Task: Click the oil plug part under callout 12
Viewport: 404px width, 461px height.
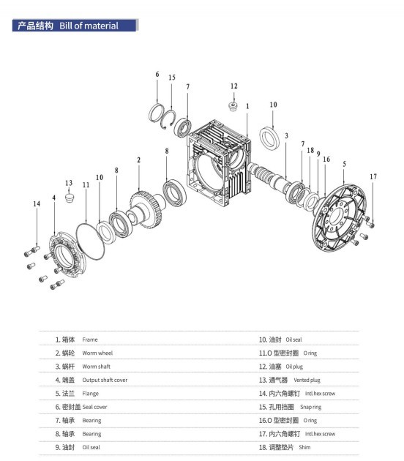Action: (x=233, y=106)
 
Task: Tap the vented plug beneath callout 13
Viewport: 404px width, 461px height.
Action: (x=70, y=198)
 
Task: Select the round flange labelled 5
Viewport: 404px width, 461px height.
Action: (x=339, y=217)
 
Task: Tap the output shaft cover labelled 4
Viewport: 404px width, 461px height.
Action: (x=67, y=255)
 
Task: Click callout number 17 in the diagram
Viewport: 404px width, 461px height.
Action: (x=373, y=176)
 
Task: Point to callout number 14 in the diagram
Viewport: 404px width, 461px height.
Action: (x=37, y=203)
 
